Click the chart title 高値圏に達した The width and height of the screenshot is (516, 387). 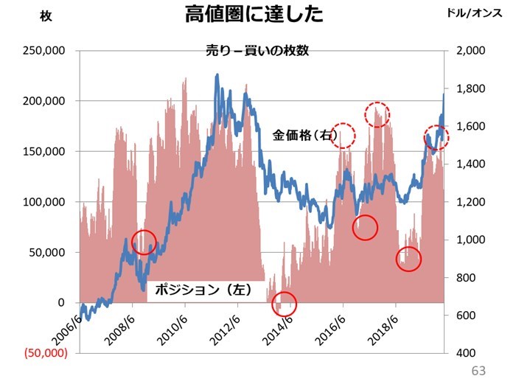(x=254, y=15)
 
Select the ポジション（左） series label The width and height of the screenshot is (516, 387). (x=200, y=290)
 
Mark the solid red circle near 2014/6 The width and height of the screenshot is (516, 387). (x=284, y=302)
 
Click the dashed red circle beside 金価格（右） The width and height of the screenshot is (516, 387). (x=344, y=134)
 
